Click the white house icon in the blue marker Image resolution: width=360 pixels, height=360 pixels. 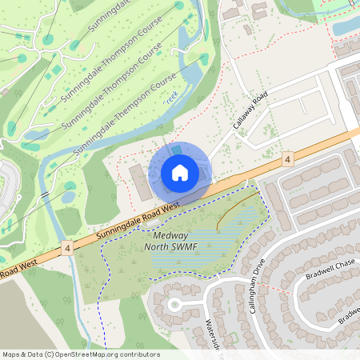tap(180, 172)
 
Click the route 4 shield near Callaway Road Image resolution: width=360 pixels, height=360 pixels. tap(286, 161)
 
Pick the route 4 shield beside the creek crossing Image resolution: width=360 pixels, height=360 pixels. tap(67, 249)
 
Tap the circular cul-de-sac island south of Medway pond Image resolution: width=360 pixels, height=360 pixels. tap(174, 304)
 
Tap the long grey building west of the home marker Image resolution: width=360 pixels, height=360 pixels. tap(138, 183)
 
